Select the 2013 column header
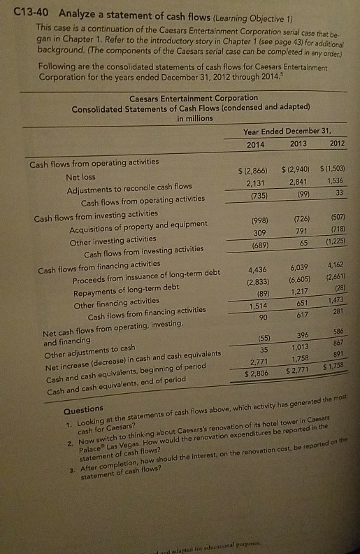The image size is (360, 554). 297,144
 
